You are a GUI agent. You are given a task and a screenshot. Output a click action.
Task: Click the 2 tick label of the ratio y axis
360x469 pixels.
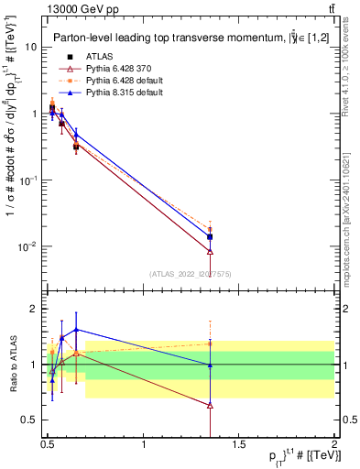[35, 309]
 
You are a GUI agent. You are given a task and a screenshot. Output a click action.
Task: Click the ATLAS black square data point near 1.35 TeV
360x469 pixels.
[211, 236]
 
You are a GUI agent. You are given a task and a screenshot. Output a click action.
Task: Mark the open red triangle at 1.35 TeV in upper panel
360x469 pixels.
[211, 251]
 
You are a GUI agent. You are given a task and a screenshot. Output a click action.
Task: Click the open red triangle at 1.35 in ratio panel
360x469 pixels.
[211, 404]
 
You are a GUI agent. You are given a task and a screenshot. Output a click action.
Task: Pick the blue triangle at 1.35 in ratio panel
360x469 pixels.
[211, 365]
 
